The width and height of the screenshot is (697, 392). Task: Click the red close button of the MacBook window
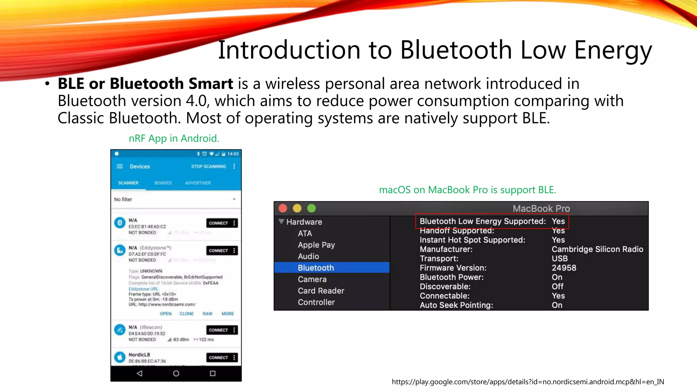(283, 208)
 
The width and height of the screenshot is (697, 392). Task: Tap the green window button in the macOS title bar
(311, 208)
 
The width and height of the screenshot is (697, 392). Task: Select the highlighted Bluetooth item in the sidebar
(316, 268)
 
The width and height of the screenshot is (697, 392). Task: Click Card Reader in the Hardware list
(321, 291)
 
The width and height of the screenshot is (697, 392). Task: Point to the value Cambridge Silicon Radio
(597, 249)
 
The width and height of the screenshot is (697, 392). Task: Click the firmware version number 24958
(564, 268)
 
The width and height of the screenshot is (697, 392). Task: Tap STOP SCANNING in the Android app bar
(208, 166)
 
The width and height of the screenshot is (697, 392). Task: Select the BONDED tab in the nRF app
(163, 183)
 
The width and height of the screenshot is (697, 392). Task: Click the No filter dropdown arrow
(234, 199)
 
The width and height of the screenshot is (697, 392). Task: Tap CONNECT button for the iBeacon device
(218, 330)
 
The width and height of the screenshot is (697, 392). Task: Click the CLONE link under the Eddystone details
(187, 314)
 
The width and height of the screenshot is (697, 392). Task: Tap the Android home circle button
(176, 374)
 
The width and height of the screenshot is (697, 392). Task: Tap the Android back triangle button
(140, 374)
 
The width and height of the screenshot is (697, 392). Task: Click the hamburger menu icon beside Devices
(120, 166)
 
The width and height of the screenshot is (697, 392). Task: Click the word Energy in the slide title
(613, 50)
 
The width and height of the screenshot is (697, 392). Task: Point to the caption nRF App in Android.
(174, 138)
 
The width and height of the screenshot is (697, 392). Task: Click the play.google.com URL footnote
(528, 382)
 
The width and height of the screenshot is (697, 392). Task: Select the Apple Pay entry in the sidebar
(316, 245)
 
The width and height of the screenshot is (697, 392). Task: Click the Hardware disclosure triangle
(281, 222)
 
